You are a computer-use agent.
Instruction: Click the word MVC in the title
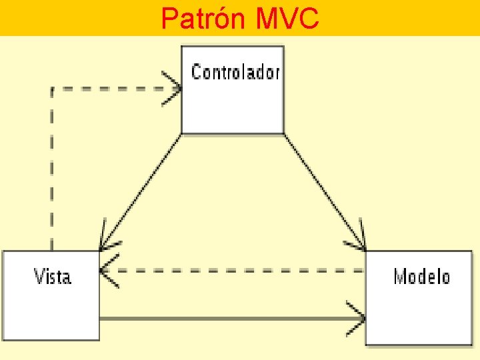pos(286,19)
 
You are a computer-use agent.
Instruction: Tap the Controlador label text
pos(235,72)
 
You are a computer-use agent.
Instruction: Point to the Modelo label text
pos(421,276)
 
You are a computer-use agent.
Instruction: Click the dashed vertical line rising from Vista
pos(52,167)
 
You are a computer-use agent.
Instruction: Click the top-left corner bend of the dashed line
pos(52,89)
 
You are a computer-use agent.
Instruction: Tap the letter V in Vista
pos(39,276)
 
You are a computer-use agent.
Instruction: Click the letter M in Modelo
pos(400,276)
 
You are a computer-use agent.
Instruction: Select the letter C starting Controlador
pos(196,72)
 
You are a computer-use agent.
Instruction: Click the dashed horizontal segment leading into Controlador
pos(113,89)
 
